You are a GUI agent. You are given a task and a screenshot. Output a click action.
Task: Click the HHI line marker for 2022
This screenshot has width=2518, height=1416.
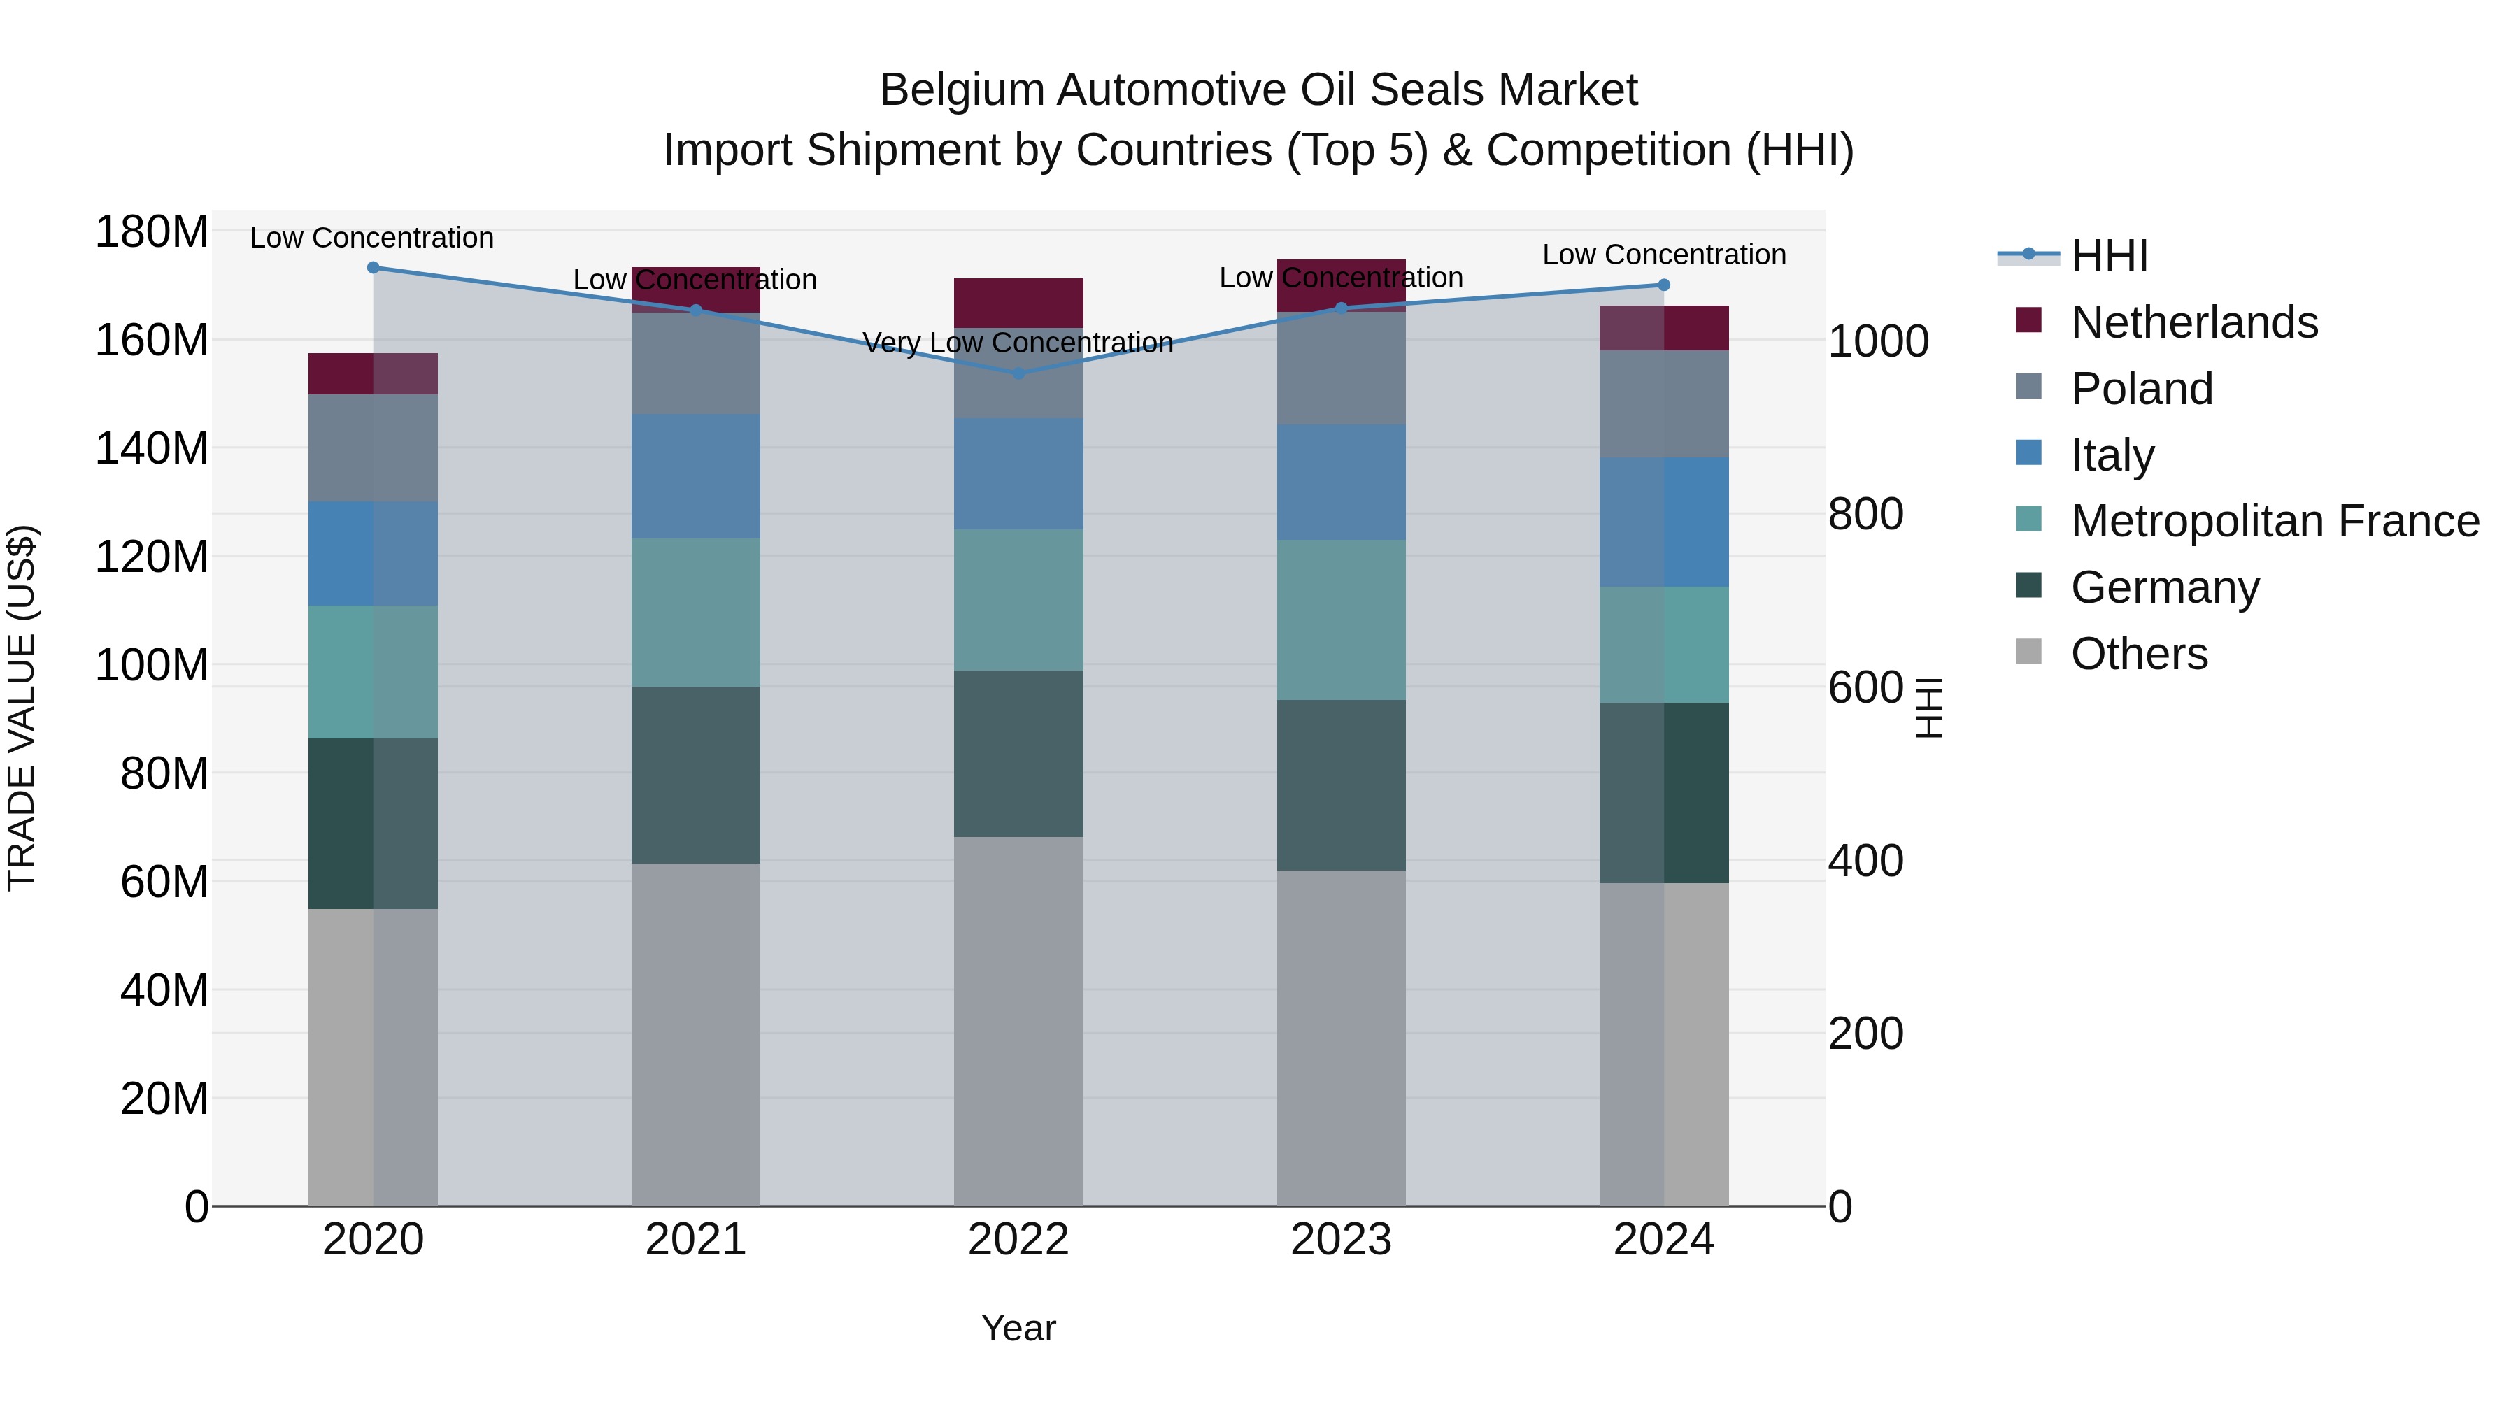pos(1018,373)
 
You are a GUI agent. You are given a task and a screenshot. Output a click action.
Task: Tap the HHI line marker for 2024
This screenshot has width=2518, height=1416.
pos(1664,285)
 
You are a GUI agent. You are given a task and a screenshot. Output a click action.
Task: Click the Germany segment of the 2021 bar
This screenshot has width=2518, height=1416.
pos(695,774)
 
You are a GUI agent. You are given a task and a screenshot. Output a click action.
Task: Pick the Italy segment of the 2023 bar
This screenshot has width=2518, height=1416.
pos(1340,482)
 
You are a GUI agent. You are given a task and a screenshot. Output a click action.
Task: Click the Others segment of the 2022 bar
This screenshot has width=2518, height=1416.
pos(1018,1020)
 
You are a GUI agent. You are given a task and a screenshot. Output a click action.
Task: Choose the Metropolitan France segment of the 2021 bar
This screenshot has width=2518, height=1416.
pos(695,612)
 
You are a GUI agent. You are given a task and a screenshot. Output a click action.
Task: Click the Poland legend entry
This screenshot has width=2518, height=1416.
pos(2141,388)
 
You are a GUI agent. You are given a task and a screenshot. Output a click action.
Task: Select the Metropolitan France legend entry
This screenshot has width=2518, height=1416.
pos(2274,521)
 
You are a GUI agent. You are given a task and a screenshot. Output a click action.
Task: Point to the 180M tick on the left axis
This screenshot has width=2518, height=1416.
pos(152,233)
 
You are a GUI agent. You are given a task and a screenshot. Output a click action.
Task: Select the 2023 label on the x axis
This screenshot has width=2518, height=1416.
pos(1340,1239)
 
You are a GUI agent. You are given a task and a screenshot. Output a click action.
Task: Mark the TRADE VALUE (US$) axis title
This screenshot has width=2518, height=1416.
pos(22,708)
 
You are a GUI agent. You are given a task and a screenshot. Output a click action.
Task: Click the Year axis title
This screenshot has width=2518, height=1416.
pos(1018,1328)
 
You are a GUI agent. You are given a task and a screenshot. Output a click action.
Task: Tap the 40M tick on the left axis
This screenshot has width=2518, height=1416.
pos(164,990)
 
